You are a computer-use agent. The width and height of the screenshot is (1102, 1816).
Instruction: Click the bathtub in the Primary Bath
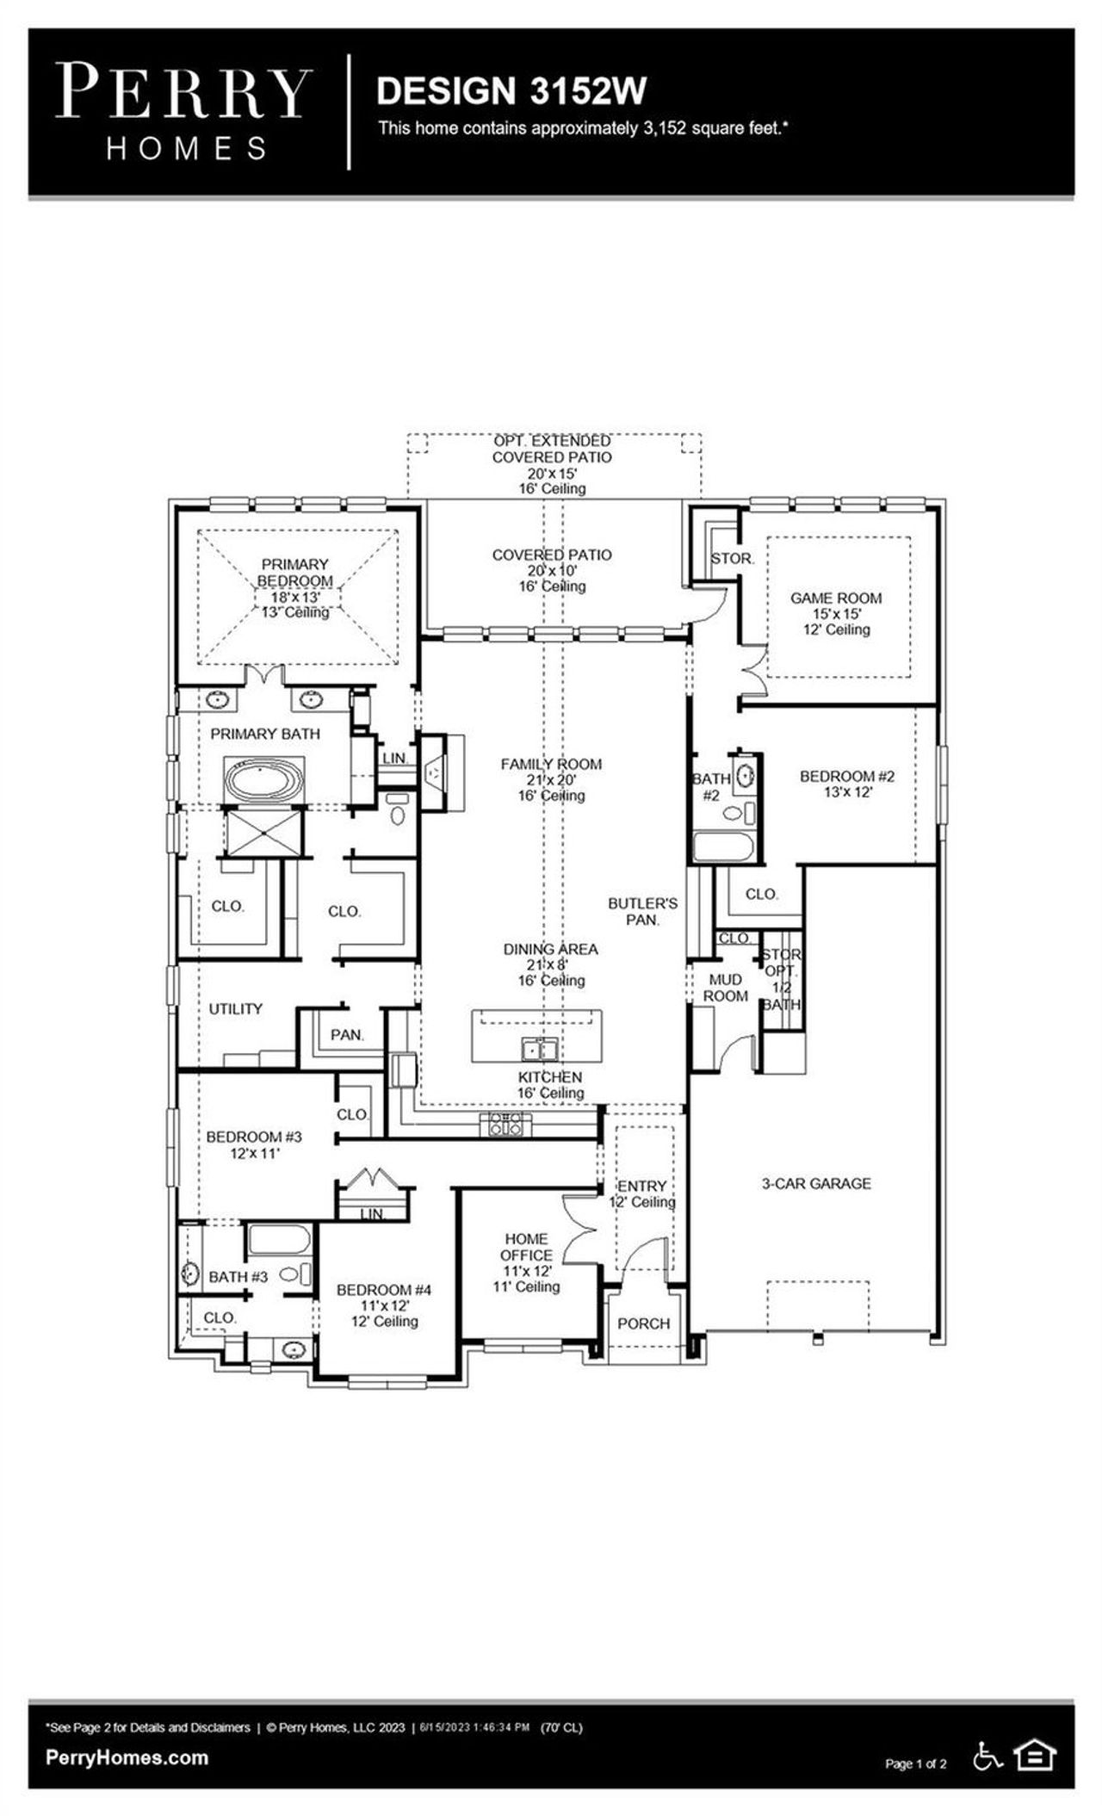click(264, 779)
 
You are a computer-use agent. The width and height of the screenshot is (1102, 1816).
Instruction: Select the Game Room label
click(836, 598)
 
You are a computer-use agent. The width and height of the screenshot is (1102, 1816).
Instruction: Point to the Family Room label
click(551, 764)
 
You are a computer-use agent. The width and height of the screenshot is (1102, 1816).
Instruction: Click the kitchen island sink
click(540, 1050)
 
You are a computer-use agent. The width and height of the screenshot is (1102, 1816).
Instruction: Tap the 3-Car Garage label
click(815, 1183)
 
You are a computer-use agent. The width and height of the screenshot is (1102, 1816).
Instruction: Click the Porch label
click(643, 1323)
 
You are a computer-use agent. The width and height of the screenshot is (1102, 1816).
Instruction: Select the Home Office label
click(526, 1247)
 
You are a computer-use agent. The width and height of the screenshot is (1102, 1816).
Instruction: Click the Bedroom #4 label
click(383, 1290)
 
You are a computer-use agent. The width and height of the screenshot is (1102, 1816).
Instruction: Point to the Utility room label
click(235, 1008)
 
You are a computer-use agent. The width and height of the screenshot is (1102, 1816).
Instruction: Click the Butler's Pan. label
click(642, 911)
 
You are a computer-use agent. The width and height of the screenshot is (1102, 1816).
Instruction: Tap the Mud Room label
click(725, 988)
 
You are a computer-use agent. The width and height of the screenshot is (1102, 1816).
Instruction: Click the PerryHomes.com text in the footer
click(127, 1757)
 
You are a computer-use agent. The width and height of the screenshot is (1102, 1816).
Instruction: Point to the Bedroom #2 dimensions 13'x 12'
click(848, 791)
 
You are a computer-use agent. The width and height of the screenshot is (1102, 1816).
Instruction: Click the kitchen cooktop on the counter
click(505, 1123)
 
